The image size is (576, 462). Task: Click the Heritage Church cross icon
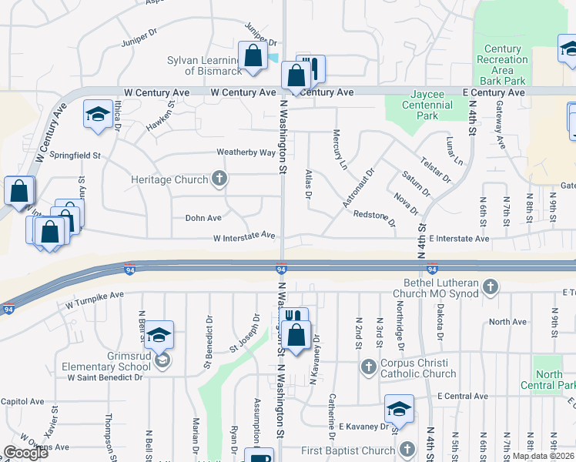[x=219, y=179]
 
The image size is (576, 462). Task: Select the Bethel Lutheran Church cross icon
[x=490, y=288]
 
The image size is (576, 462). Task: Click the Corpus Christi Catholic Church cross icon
[x=369, y=366]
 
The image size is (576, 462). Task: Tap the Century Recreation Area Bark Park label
[x=502, y=59]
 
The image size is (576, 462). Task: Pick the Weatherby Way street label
[x=246, y=152]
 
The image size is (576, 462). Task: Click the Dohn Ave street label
[x=203, y=218]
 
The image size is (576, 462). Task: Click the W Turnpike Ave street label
[x=95, y=296]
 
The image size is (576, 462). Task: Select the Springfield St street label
[x=75, y=155]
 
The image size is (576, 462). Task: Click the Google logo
[x=25, y=453]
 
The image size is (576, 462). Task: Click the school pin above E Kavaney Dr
[x=399, y=408]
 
